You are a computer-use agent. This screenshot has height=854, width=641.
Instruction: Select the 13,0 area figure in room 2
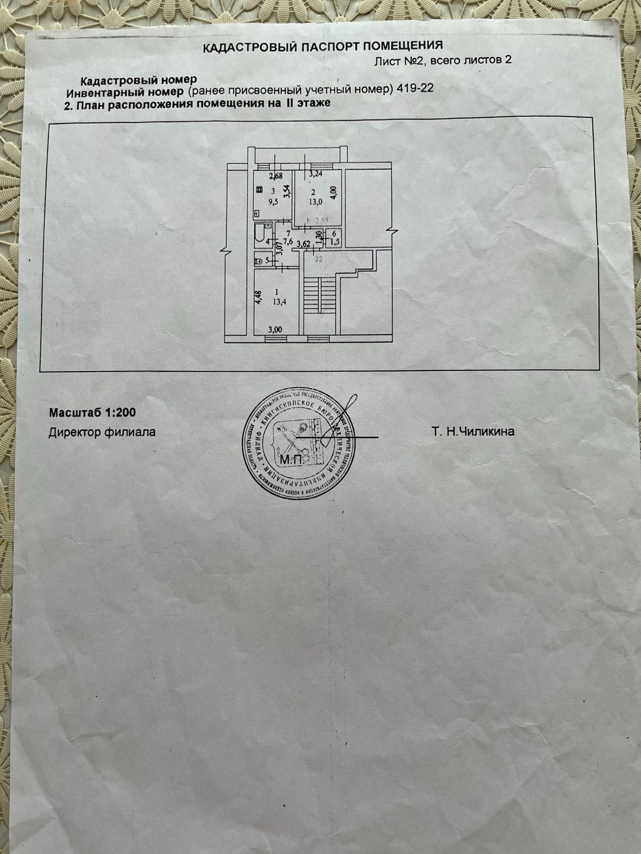[x=316, y=202]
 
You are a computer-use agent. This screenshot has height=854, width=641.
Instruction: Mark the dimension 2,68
[x=276, y=176]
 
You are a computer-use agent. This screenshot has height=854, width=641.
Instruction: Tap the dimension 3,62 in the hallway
[x=303, y=244]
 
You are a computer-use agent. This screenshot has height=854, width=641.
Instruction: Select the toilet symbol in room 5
[x=258, y=261]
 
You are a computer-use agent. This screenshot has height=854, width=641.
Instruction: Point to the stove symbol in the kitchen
[x=259, y=190]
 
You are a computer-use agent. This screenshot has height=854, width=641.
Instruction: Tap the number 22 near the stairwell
[x=318, y=259]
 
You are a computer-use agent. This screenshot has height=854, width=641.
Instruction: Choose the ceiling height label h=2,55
[x=317, y=221]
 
